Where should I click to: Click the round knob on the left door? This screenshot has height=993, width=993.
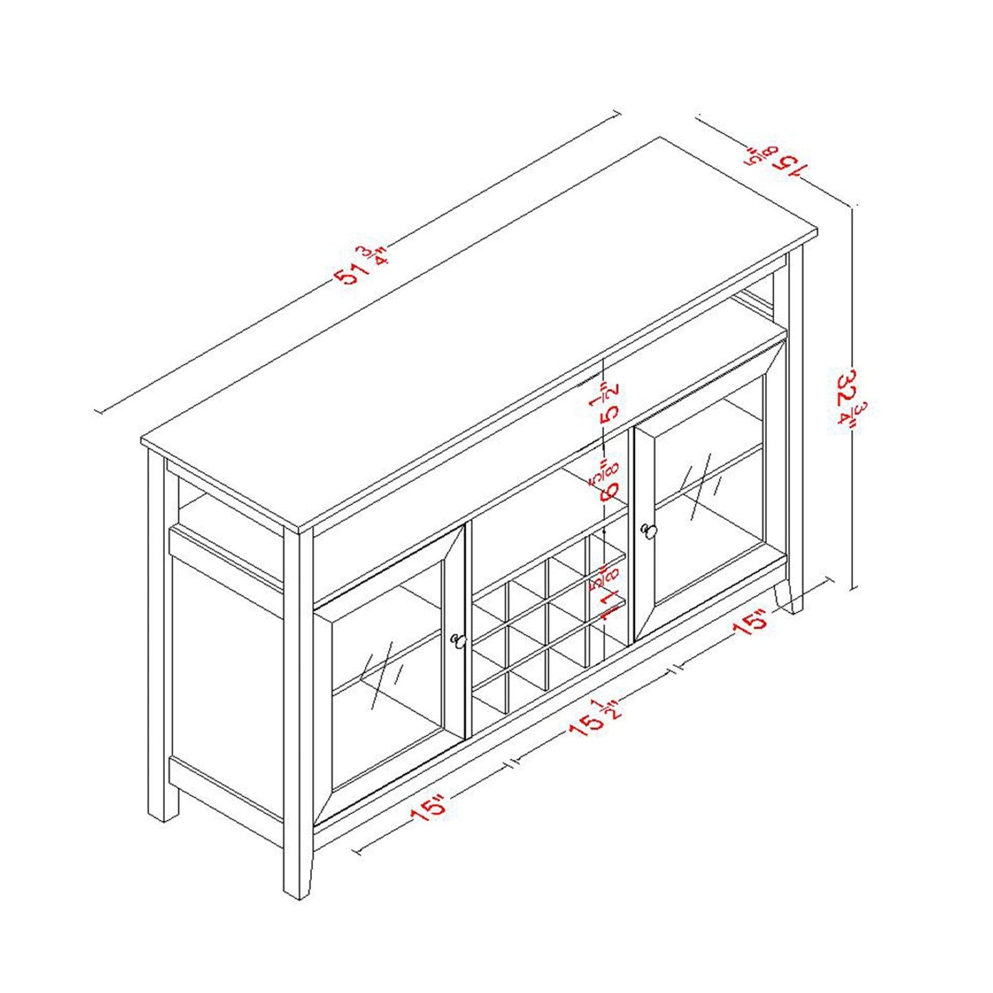[458, 641]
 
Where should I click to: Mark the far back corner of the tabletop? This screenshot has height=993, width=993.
[661, 138]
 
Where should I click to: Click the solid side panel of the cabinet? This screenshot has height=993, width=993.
[227, 673]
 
